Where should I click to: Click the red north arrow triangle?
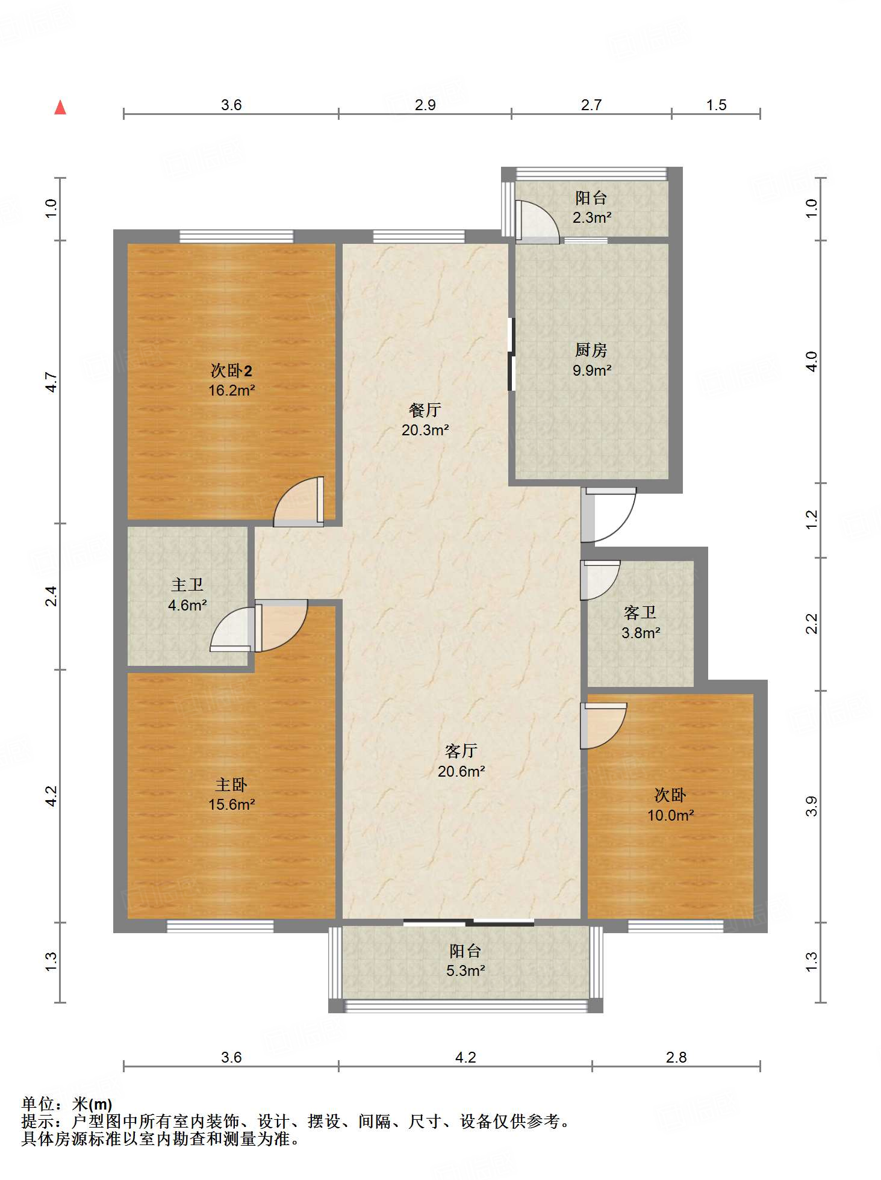(60, 107)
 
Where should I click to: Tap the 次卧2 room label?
(231, 370)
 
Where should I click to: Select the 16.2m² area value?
(232, 390)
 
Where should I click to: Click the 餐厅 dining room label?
(425, 410)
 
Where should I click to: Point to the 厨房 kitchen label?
(591, 350)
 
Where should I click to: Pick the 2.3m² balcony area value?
(592, 217)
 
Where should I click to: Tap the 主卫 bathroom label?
(187, 585)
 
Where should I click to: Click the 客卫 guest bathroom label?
(640, 613)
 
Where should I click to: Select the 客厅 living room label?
(461, 751)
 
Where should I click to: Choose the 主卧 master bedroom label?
(231, 784)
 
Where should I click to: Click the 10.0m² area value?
(671, 815)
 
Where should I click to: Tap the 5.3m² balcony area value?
(466, 970)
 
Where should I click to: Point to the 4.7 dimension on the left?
(52, 382)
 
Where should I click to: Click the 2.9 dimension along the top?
(425, 105)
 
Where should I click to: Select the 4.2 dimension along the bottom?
(465, 1057)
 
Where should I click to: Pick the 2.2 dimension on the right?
(812, 623)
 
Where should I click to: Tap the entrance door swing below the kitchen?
(609, 515)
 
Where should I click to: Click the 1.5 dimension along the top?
(716, 105)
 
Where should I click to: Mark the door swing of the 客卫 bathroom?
(600, 580)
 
